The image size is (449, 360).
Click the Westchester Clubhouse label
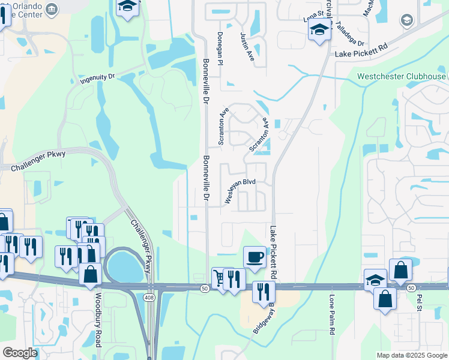click(x=402, y=76)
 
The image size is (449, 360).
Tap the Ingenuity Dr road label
click(x=97, y=79)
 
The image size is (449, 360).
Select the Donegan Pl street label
click(x=220, y=48)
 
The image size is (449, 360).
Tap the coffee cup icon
click(x=255, y=256)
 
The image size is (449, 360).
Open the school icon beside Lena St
click(x=319, y=29)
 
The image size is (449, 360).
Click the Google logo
click(x=20, y=353)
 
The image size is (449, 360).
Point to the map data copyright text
click(x=412, y=355)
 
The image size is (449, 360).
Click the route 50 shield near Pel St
click(x=411, y=288)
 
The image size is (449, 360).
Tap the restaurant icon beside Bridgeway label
click(x=263, y=292)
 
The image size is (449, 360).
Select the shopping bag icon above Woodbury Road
click(x=90, y=274)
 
